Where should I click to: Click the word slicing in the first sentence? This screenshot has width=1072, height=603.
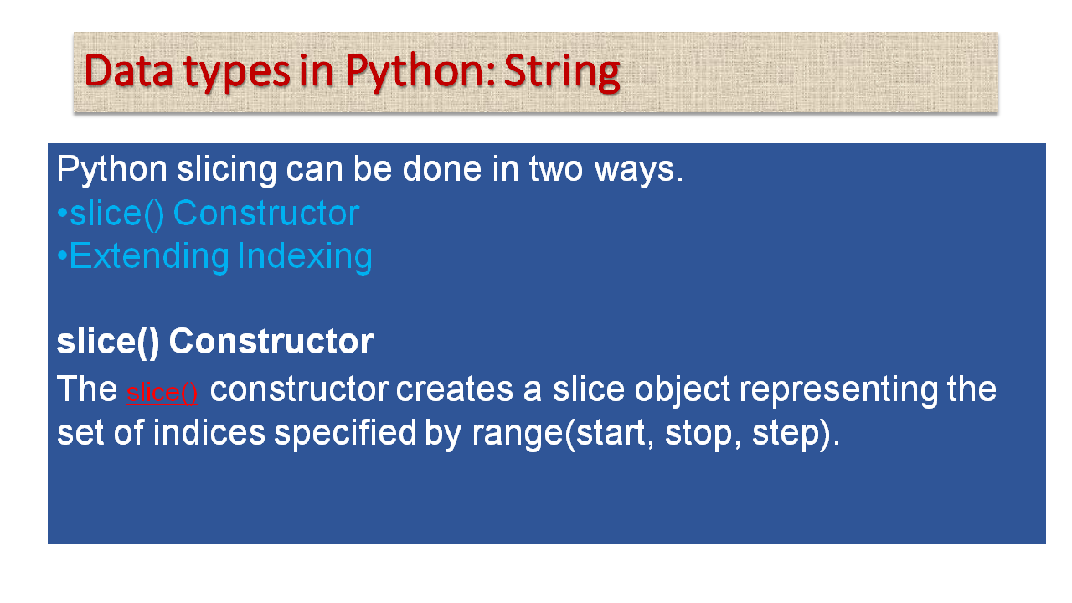point(226,170)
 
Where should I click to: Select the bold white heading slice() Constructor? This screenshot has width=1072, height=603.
point(214,342)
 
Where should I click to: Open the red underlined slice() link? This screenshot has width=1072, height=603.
point(162,393)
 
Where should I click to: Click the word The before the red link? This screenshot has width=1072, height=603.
point(86,390)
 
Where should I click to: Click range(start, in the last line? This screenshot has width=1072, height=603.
point(562,434)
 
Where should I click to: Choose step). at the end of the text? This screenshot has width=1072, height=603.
point(795,434)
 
